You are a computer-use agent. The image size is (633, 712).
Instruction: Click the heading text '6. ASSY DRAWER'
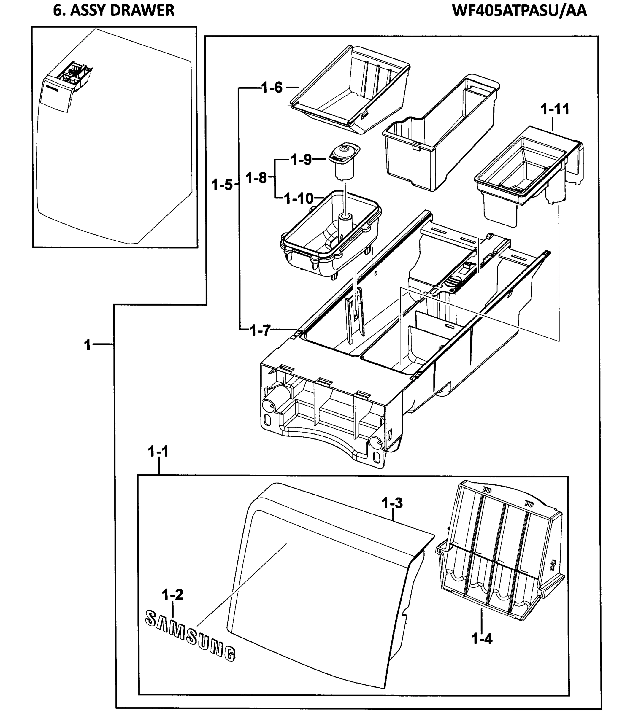coord(114,10)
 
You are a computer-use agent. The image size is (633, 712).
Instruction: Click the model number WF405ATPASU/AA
coord(519,10)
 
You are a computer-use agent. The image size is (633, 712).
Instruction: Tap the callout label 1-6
coord(272,88)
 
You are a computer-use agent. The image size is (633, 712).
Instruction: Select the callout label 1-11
coord(555,109)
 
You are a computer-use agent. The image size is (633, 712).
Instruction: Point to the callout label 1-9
coord(301,160)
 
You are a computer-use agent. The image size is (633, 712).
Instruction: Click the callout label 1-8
coord(256,178)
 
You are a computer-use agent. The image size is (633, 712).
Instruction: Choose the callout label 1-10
coord(299,198)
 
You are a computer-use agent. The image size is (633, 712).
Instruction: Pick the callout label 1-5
coord(222,185)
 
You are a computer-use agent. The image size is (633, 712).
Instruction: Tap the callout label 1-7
coord(260,330)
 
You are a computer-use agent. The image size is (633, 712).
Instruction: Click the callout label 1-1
coord(158,452)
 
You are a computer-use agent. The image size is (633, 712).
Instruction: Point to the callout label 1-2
coord(172,595)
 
